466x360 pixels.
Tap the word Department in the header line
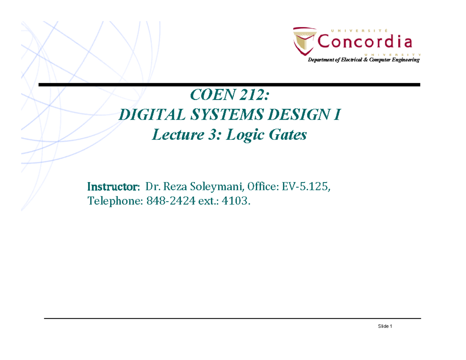(x=321, y=61)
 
